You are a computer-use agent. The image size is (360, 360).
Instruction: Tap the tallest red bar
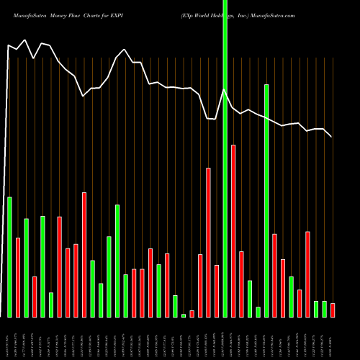coord(233,230)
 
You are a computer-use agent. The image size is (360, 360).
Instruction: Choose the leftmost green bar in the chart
coord(9,256)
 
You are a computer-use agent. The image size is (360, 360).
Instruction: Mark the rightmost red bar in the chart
coord(333,310)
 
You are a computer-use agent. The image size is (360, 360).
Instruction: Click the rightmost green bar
coord(324,309)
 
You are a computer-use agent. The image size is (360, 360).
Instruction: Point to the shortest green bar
coord(184,315)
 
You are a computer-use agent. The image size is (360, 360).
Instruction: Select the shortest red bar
coord(192,313)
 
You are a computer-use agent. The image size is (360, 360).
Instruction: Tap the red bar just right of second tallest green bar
coord(274,275)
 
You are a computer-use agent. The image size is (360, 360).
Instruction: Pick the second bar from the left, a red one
coord(18,277)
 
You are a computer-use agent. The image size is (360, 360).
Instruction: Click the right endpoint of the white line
coord(332,136)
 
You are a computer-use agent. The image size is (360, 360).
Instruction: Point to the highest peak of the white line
coord(26,40)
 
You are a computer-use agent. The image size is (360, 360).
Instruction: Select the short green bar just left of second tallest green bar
coord(258,312)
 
